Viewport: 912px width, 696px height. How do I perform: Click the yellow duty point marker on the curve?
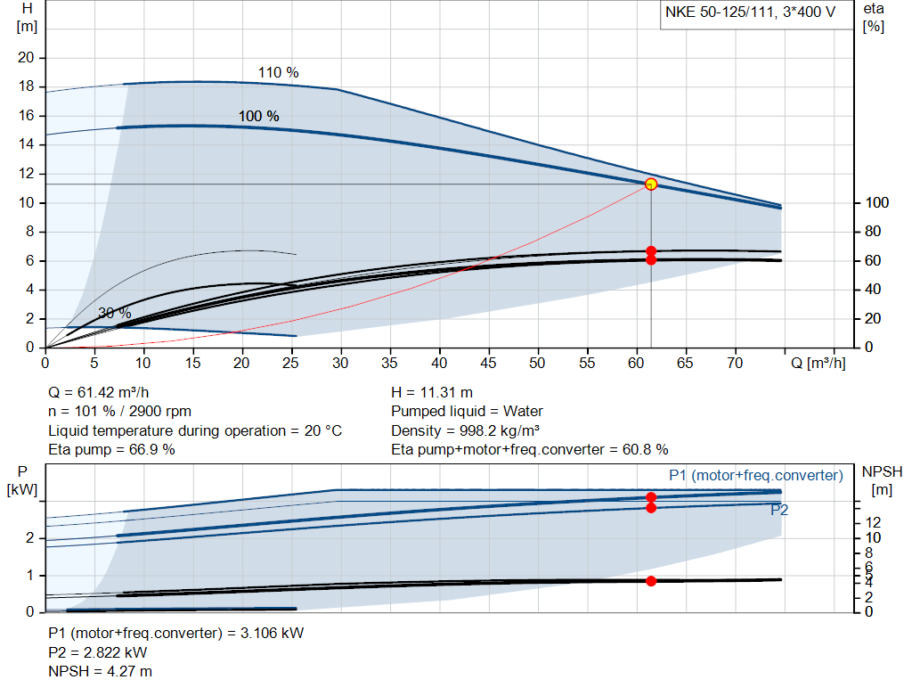[651, 184]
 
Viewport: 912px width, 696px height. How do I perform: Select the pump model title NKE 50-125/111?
[748, 12]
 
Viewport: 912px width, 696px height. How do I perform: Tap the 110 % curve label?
[278, 73]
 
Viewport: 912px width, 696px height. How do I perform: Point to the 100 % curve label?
[258, 117]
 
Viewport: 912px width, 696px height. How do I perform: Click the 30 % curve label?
[114, 314]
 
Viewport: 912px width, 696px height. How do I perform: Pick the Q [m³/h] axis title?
[818, 364]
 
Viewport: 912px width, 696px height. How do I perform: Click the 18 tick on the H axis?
[26, 86]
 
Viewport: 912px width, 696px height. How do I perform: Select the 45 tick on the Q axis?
[488, 364]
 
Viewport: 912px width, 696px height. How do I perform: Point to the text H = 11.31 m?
[432, 393]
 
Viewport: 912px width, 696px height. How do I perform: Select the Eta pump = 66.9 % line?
[111, 449]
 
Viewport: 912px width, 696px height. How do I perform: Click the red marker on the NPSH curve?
[651, 581]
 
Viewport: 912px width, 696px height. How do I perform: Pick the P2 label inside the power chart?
[779, 511]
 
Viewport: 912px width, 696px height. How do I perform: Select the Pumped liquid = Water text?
[467, 412]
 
